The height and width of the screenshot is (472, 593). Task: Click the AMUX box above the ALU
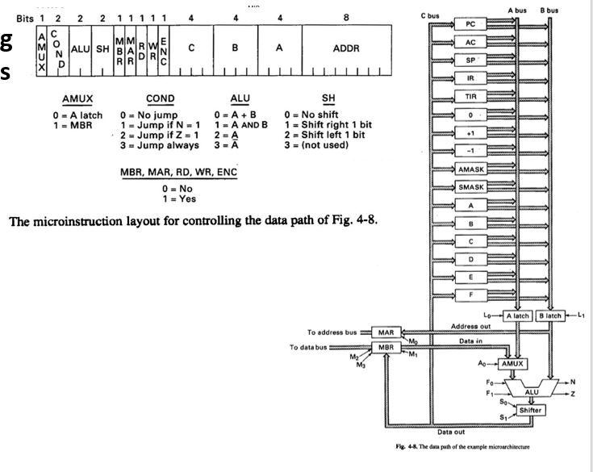tap(510, 364)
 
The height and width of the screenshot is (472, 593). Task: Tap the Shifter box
tap(530, 410)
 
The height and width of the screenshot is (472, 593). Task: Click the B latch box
tap(552, 315)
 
